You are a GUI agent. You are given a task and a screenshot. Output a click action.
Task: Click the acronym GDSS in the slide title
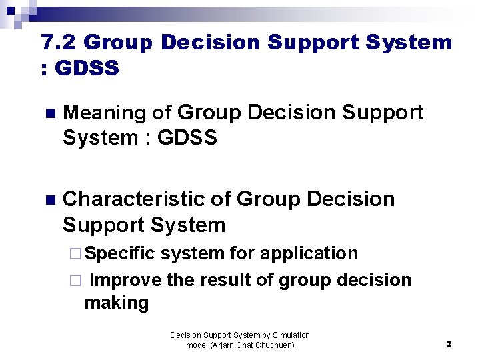[87, 68]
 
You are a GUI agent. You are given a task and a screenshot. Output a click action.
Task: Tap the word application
[309, 254]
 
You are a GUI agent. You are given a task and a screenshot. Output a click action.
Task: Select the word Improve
[125, 280]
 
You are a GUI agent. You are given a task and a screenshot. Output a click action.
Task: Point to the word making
[116, 303]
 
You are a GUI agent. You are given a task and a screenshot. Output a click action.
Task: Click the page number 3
[449, 345]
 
